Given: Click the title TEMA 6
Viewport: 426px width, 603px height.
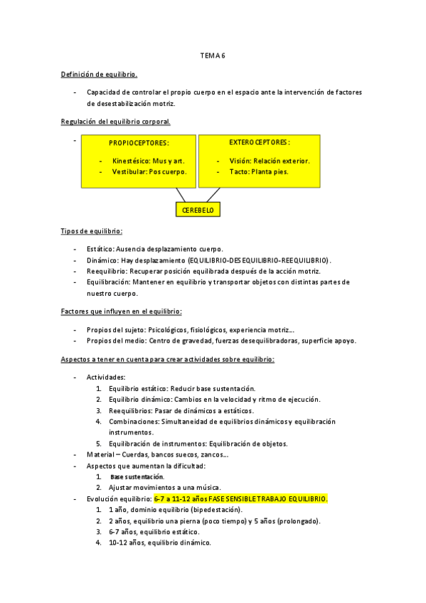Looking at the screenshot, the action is pos(213,55).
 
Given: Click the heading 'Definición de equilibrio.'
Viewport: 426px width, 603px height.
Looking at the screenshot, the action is pos(99,74).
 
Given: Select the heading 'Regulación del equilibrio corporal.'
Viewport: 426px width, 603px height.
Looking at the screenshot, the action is pos(115,122).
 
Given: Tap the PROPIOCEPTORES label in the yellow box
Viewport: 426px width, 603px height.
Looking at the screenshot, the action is pos(139,143).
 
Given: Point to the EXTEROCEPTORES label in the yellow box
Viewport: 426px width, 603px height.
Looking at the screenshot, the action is pos(259,142).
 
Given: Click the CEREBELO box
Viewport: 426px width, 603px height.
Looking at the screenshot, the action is pos(198,210).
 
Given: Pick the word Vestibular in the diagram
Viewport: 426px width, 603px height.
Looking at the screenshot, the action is pos(129,172).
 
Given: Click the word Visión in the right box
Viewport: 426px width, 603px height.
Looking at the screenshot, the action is pos(240,161).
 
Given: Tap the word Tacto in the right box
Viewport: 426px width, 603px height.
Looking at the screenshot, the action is pos(239,172).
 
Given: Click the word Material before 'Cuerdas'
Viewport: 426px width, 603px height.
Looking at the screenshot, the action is pos(100,455).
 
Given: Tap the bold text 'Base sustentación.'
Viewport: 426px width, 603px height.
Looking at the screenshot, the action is pos(137,476).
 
